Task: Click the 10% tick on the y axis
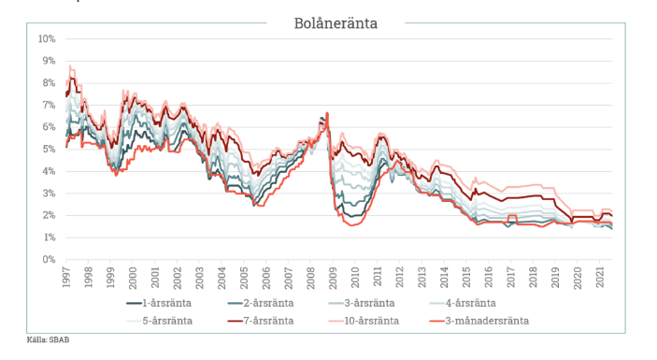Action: tap(47, 39)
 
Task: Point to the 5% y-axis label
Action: tap(49, 150)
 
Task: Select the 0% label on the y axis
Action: tap(49, 260)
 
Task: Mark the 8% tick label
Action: tap(49, 83)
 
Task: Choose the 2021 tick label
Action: tap(604, 278)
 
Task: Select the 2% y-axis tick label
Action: tap(49, 216)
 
